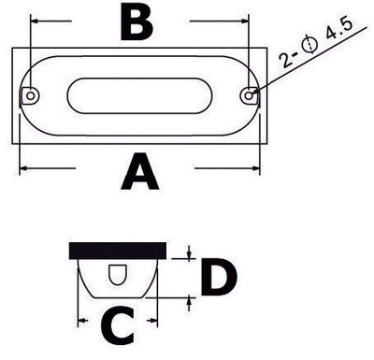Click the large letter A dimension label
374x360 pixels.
pyautogui.click(x=140, y=172)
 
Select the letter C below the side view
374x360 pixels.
pyautogui.click(x=118, y=325)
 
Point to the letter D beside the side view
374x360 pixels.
pyautogui.click(x=219, y=277)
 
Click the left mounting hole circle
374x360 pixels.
pyautogui.click(x=31, y=95)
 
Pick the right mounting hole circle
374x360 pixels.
pyautogui.click(x=249, y=95)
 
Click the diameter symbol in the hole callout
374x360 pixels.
pyautogui.click(x=309, y=44)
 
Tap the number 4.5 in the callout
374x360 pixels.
pyautogui.click(x=338, y=30)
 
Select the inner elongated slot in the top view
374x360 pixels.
pyautogui.click(x=140, y=95)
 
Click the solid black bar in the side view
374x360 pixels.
pyautogui.click(x=118, y=251)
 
